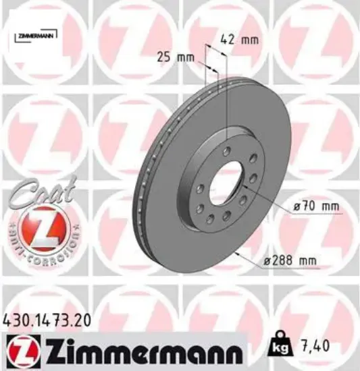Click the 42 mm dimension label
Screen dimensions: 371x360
[x=240, y=40]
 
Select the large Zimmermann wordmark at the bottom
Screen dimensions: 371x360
[x=139, y=352]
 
